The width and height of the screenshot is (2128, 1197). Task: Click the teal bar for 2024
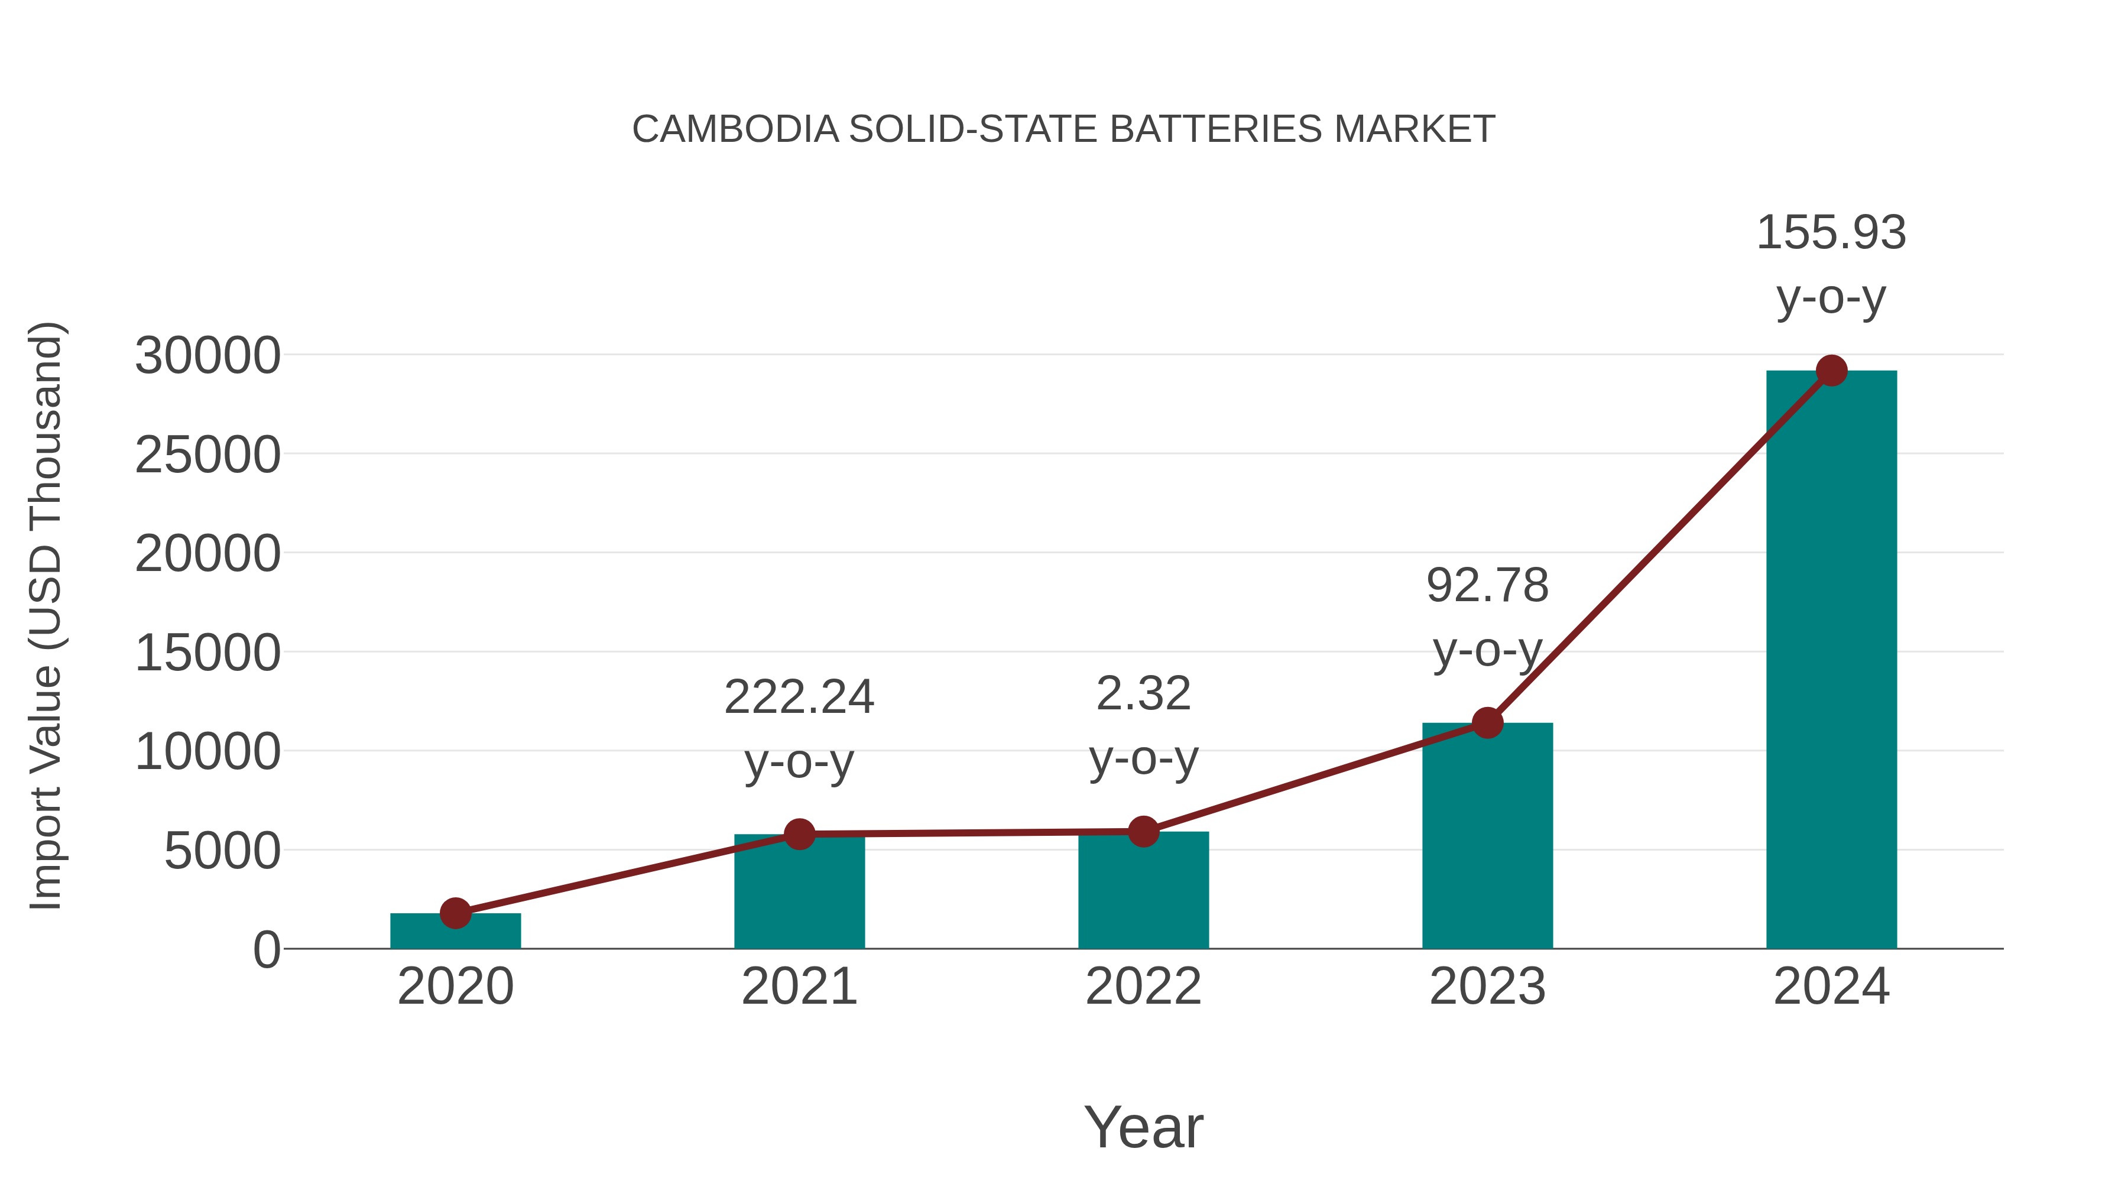[1831, 661]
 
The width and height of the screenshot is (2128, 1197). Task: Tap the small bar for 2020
[455, 931]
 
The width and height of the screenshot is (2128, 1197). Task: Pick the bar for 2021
[799, 892]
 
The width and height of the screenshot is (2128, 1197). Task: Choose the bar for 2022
[1143, 891]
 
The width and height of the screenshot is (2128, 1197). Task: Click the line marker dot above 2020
[455, 913]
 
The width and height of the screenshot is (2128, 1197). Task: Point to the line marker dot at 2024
[1831, 371]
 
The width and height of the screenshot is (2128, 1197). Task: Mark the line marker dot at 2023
[1487, 723]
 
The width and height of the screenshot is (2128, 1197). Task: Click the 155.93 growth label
[1831, 232]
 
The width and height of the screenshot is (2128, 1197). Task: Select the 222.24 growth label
[799, 698]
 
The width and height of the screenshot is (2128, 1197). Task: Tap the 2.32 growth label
[1143, 694]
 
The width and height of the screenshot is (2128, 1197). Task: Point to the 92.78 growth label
[1487, 586]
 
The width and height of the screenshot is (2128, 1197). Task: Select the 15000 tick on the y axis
[207, 653]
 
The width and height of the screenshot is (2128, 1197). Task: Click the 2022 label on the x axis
[1143, 987]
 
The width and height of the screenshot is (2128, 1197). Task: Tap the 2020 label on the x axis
[455, 987]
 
